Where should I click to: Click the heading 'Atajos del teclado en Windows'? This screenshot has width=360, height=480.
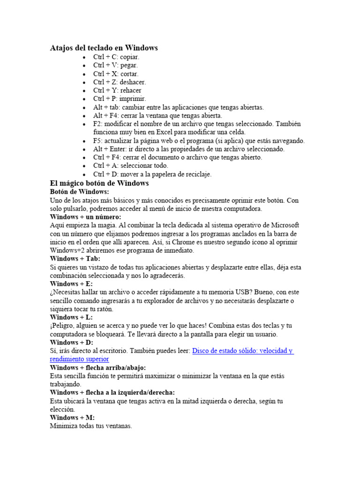[x=104, y=48]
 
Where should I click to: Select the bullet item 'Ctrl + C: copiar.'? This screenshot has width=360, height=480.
[x=116, y=57]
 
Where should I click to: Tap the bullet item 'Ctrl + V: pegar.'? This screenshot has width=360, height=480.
[x=115, y=65]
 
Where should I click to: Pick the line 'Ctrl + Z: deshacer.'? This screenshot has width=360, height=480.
[x=119, y=82]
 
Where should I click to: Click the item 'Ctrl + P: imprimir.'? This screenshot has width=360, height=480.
[x=120, y=99]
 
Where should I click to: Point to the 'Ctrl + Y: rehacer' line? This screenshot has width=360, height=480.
[x=117, y=90]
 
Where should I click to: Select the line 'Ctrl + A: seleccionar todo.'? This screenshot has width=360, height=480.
[x=130, y=165]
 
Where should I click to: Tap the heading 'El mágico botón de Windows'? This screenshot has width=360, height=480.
[x=99, y=183]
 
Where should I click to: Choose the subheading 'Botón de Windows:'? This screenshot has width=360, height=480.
[x=79, y=192]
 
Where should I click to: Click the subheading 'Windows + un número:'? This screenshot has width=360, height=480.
[x=85, y=217]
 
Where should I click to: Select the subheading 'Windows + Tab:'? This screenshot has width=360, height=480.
[x=75, y=259]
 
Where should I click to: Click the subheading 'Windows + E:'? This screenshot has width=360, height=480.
[x=71, y=284]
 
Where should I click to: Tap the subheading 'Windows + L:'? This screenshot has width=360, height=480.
[x=71, y=317]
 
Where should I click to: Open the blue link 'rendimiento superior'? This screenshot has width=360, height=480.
[x=79, y=359]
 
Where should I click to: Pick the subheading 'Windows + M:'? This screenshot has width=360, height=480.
[x=72, y=418]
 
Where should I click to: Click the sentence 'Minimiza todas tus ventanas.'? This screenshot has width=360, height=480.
[x=91, y=426]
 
